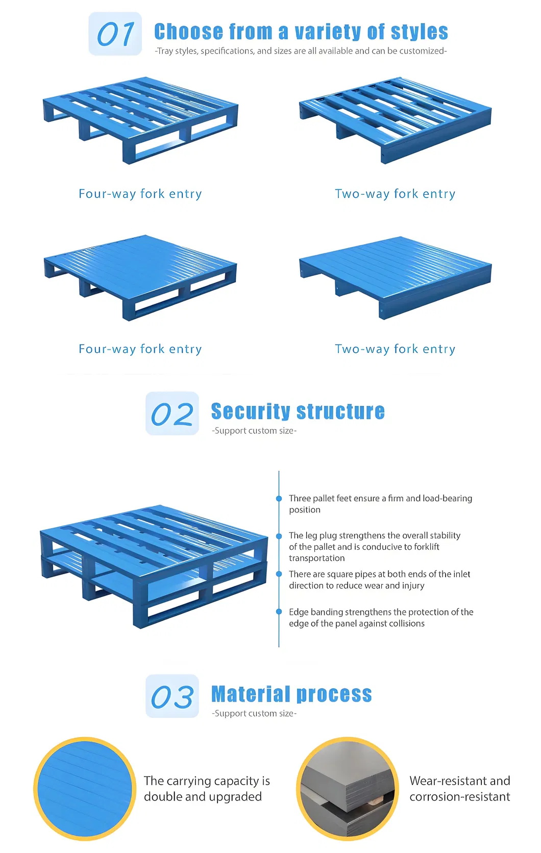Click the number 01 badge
tap(115, 34)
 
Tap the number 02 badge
tap(173, 413)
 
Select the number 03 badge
tap(173, 696)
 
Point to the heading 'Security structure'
tap(298, 411)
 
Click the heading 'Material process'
tap(291, 694)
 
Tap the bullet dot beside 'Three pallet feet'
tap(279, 499)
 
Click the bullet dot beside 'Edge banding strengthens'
tap(279, 612)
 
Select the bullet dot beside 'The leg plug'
tap(279, 536)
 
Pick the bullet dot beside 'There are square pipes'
tap(279, 574)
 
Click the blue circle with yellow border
tap(85, 789)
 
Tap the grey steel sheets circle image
tap(348, 789)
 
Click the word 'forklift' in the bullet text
tap(426, 547)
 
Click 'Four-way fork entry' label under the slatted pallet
tap(140, 194)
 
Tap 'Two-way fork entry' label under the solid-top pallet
tap(396, 349)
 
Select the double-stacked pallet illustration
tap(154, 566)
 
